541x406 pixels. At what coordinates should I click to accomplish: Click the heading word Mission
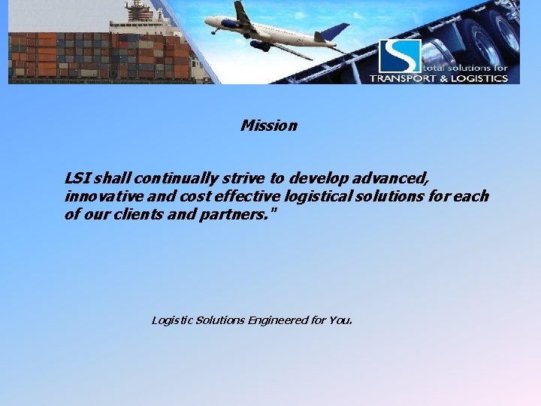268,126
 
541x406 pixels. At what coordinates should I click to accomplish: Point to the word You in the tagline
340,320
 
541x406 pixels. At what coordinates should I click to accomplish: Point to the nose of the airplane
207,22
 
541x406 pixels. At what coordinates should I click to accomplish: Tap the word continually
177,178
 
